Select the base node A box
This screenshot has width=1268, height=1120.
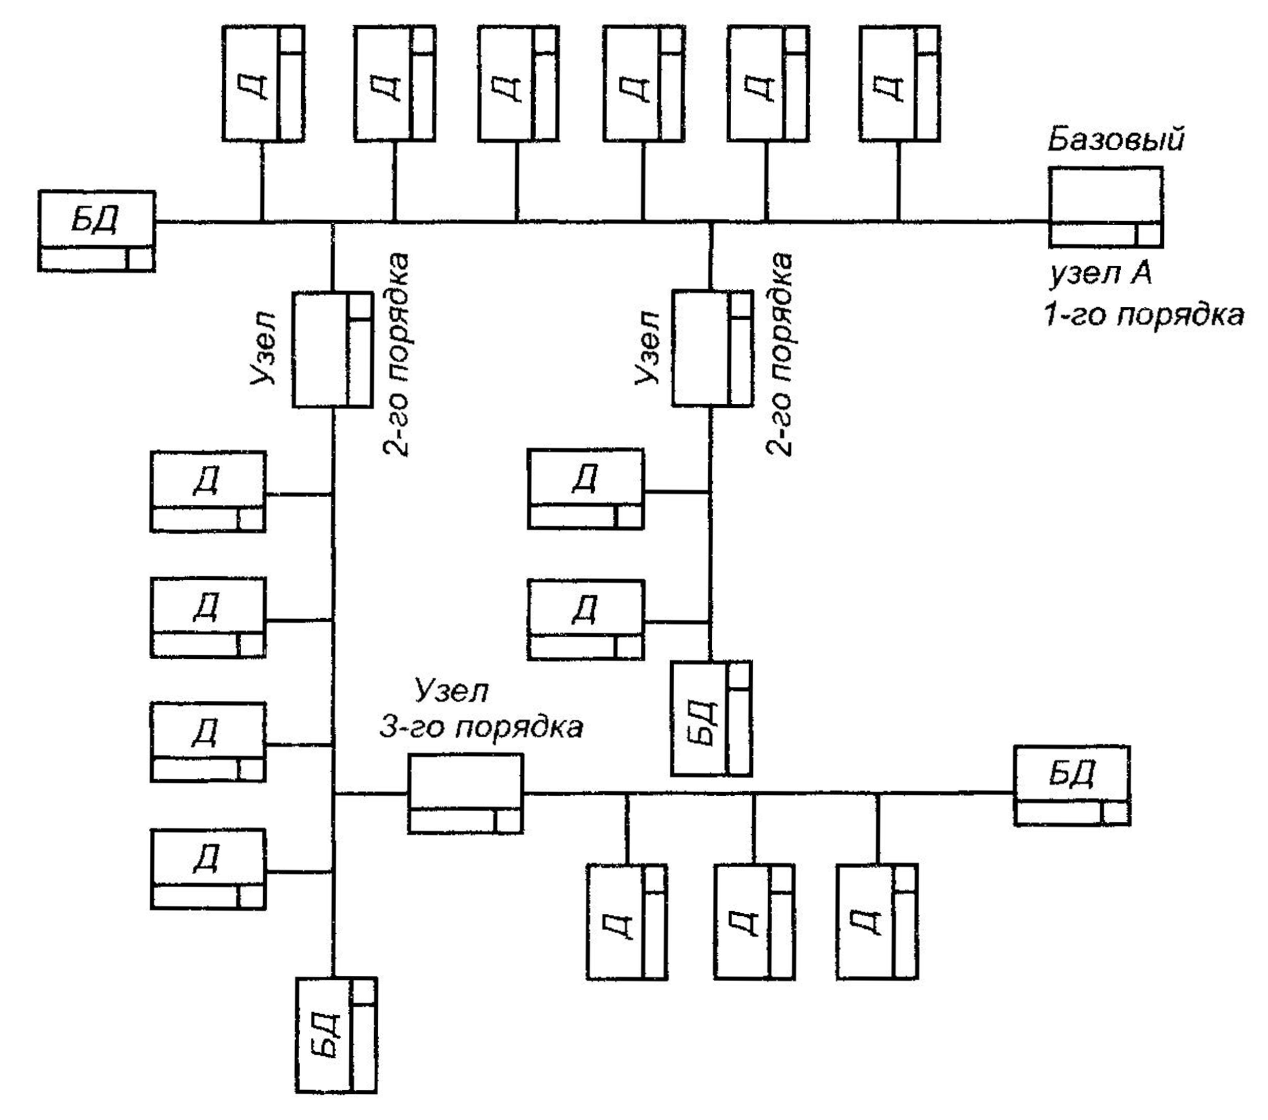tap(1105, 207)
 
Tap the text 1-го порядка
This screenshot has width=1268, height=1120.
tap(1144, 315)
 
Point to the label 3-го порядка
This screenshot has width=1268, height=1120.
tap(481, 728)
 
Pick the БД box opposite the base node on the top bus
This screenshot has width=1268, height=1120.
tap(96, 231)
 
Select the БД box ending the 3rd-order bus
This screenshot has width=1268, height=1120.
tap(1072, 785)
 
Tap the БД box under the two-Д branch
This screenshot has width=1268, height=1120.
tap(711, 718)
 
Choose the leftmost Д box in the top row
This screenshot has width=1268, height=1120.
tap(263, 84)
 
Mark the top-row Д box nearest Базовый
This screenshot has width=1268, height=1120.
tap(900, 84)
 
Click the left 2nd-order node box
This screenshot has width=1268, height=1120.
tap(333, 350)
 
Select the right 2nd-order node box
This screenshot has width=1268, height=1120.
tap(712, 348)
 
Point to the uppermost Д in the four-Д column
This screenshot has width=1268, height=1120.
tap(208, 491)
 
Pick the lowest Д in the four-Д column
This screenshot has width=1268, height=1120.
tap(208, 869)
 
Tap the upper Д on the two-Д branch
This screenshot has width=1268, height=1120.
tap(586, 488)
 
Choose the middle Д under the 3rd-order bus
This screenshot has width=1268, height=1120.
tap(754, 921)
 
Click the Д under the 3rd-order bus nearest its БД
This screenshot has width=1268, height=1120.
tap(876, 921)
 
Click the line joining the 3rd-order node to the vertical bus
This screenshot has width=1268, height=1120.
tap(371, 794)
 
